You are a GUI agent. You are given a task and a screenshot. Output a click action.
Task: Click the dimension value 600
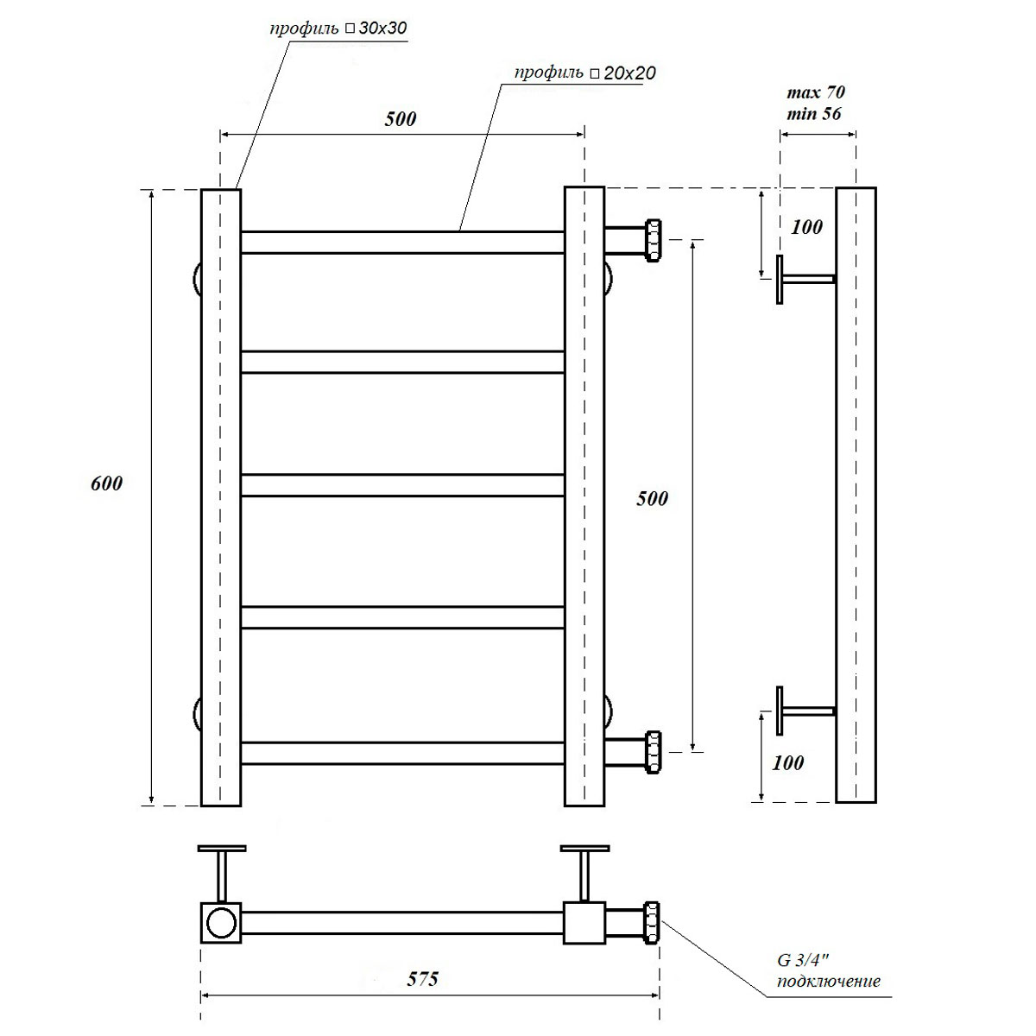pyautogui.click(x=106, y=483)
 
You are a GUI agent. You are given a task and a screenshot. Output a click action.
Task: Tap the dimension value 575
pyautogui.click(x=422, y=979)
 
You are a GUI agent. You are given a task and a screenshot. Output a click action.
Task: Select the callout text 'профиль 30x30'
pyautogui.click(x=338, y=28)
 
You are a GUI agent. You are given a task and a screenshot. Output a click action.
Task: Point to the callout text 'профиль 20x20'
pyautogui.click(x=585, y=73)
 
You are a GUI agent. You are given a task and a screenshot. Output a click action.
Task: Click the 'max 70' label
pyautogui.click(x=816, y=92)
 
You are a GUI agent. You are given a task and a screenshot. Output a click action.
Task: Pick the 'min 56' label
pyautogui.click(x=814, y=113)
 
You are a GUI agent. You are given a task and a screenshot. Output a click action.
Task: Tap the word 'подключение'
pyautogui.click(x=829, y=981)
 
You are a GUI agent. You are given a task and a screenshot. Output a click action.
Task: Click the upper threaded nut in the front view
pyautogui.click(x=653, y=240)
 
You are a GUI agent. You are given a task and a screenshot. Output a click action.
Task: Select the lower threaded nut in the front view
pyautogui.click(x=653, y=752)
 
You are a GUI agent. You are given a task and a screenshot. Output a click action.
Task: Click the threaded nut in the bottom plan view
pyautogui.click(x=652, y=923)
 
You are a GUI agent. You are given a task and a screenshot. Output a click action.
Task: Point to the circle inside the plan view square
pyautogui.click(x=222, y=923)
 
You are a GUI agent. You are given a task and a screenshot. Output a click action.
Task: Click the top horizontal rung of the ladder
pyautogui.click(x=402, y=243)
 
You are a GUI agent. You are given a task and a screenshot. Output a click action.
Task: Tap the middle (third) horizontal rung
pyautogui.click(x=402, y=485)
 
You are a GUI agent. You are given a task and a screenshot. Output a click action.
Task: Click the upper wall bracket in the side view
pyautogui.click(x=805, y=279)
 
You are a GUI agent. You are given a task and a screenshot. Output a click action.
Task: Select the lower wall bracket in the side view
pyautogui.click(x=805, y=711)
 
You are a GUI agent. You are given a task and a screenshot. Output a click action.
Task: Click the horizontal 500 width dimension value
pyautogui.click(x=401, y=119)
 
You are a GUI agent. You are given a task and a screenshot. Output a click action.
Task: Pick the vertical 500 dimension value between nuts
pyautogui.click(x=652, y=499)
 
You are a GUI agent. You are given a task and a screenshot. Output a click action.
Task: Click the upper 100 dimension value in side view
pyautogui.click(x=806, y=227)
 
